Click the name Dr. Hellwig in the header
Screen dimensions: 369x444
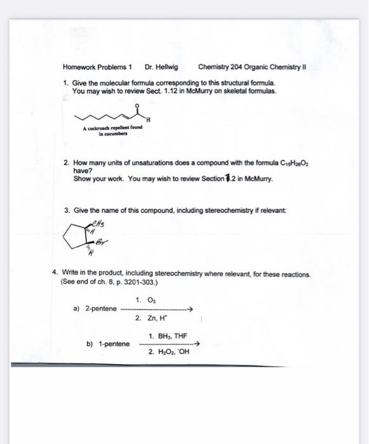pos(162,67)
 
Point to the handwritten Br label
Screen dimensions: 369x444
pos(102,242)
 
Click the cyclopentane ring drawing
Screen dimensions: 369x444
pos(83,237)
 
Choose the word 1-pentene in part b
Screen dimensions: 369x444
pos(112,345)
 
